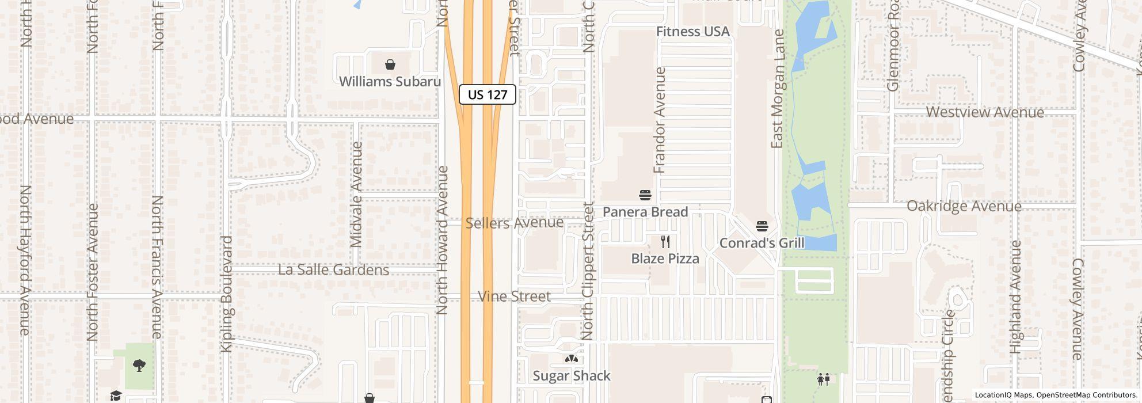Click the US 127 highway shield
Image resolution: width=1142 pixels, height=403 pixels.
487,94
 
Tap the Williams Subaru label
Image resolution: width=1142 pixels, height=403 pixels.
390,82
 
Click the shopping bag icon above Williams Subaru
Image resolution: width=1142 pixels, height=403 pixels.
390,64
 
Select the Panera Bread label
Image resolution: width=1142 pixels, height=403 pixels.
645,212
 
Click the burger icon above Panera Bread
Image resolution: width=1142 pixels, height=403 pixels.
645,195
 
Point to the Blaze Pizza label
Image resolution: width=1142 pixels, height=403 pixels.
665,259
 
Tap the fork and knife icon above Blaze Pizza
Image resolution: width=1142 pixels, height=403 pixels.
665,242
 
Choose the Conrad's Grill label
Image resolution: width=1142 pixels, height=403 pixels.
762,243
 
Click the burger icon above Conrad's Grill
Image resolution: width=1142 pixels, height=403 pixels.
762,226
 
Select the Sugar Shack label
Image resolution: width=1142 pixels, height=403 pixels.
571,376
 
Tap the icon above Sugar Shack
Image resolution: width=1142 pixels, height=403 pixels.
571,359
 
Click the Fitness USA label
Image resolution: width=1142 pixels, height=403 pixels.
693,32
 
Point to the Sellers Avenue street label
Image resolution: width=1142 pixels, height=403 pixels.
514,223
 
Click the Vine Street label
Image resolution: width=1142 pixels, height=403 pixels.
514,296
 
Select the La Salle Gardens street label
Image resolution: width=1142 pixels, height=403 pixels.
333,270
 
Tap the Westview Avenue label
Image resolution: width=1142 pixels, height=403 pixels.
984,112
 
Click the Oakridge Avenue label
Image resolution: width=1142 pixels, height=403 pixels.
964,206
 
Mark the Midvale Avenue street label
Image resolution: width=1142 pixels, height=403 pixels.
357,195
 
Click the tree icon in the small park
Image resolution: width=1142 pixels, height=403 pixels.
139,365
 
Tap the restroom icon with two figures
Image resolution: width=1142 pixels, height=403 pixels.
823,379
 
